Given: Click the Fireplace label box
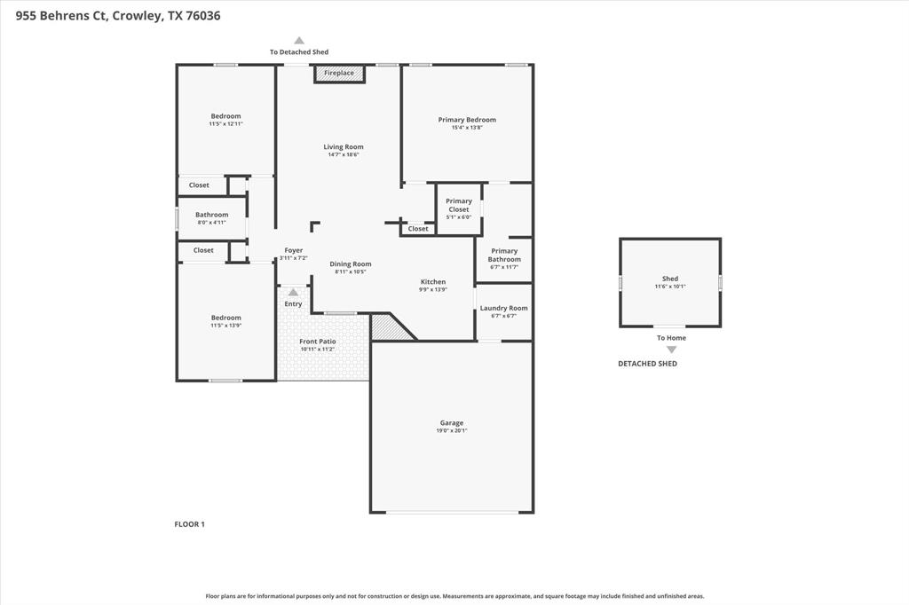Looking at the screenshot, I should [x=339, y=74].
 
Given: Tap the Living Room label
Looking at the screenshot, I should [x=343, y=147].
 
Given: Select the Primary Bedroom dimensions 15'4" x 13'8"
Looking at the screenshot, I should [x=467, y=128].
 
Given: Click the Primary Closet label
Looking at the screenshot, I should [x=459, y=205].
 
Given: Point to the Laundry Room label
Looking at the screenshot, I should [x=503, y=309].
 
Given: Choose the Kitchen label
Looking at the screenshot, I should [x=433, y=282].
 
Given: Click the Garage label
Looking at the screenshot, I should [x=452, y=423].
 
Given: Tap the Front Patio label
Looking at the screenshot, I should [x=317, y=342].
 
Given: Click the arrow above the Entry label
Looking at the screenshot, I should [x=293, y=292].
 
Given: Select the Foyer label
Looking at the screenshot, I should [x=293, y=250].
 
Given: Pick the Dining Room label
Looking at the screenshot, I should [x=351, y=263].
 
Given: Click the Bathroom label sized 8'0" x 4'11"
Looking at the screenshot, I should [x=211, y=215].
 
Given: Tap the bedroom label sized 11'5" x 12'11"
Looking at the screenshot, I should [x=225, y=116].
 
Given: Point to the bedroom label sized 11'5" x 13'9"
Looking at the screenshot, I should [x=225, y=318].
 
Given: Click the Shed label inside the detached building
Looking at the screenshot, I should [x=670, y=279].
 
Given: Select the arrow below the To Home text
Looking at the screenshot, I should [x=671, y=350].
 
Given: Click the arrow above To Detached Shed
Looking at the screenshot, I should [x=299, y=40].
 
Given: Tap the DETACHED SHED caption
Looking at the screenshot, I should [x=647, y=364].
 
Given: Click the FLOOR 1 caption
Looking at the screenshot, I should [x=189, y=524].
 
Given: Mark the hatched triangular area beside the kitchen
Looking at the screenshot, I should [x=389, y=329].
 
